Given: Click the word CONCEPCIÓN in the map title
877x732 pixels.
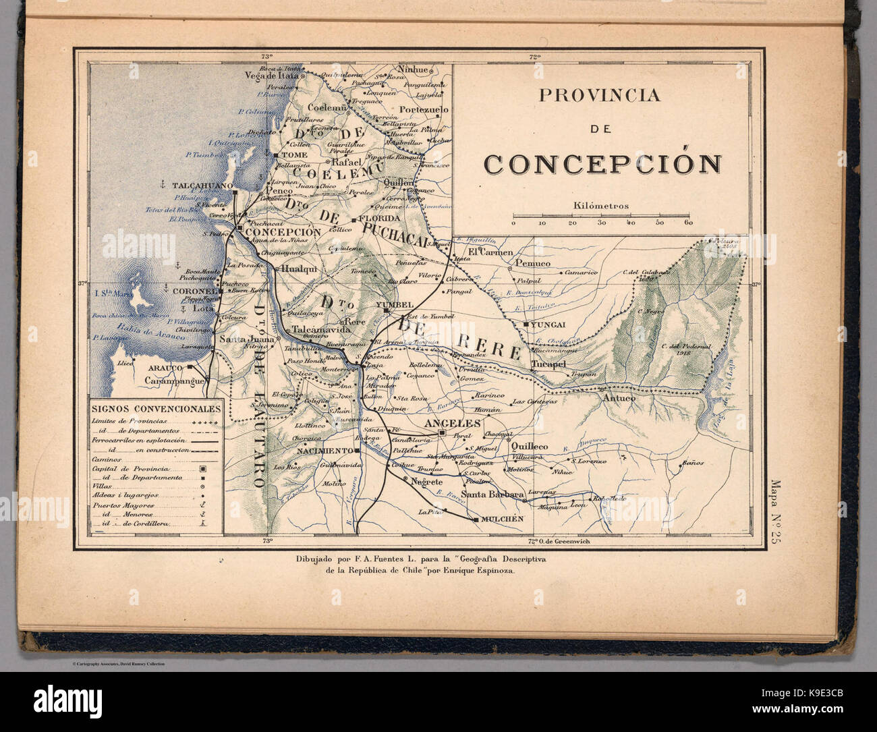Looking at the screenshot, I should point(602,164).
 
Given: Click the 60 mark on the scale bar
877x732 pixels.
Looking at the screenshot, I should point(687,223).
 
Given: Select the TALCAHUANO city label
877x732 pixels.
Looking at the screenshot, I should point(202,185).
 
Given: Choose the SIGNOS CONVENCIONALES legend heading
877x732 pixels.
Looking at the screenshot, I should point(156,410).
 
